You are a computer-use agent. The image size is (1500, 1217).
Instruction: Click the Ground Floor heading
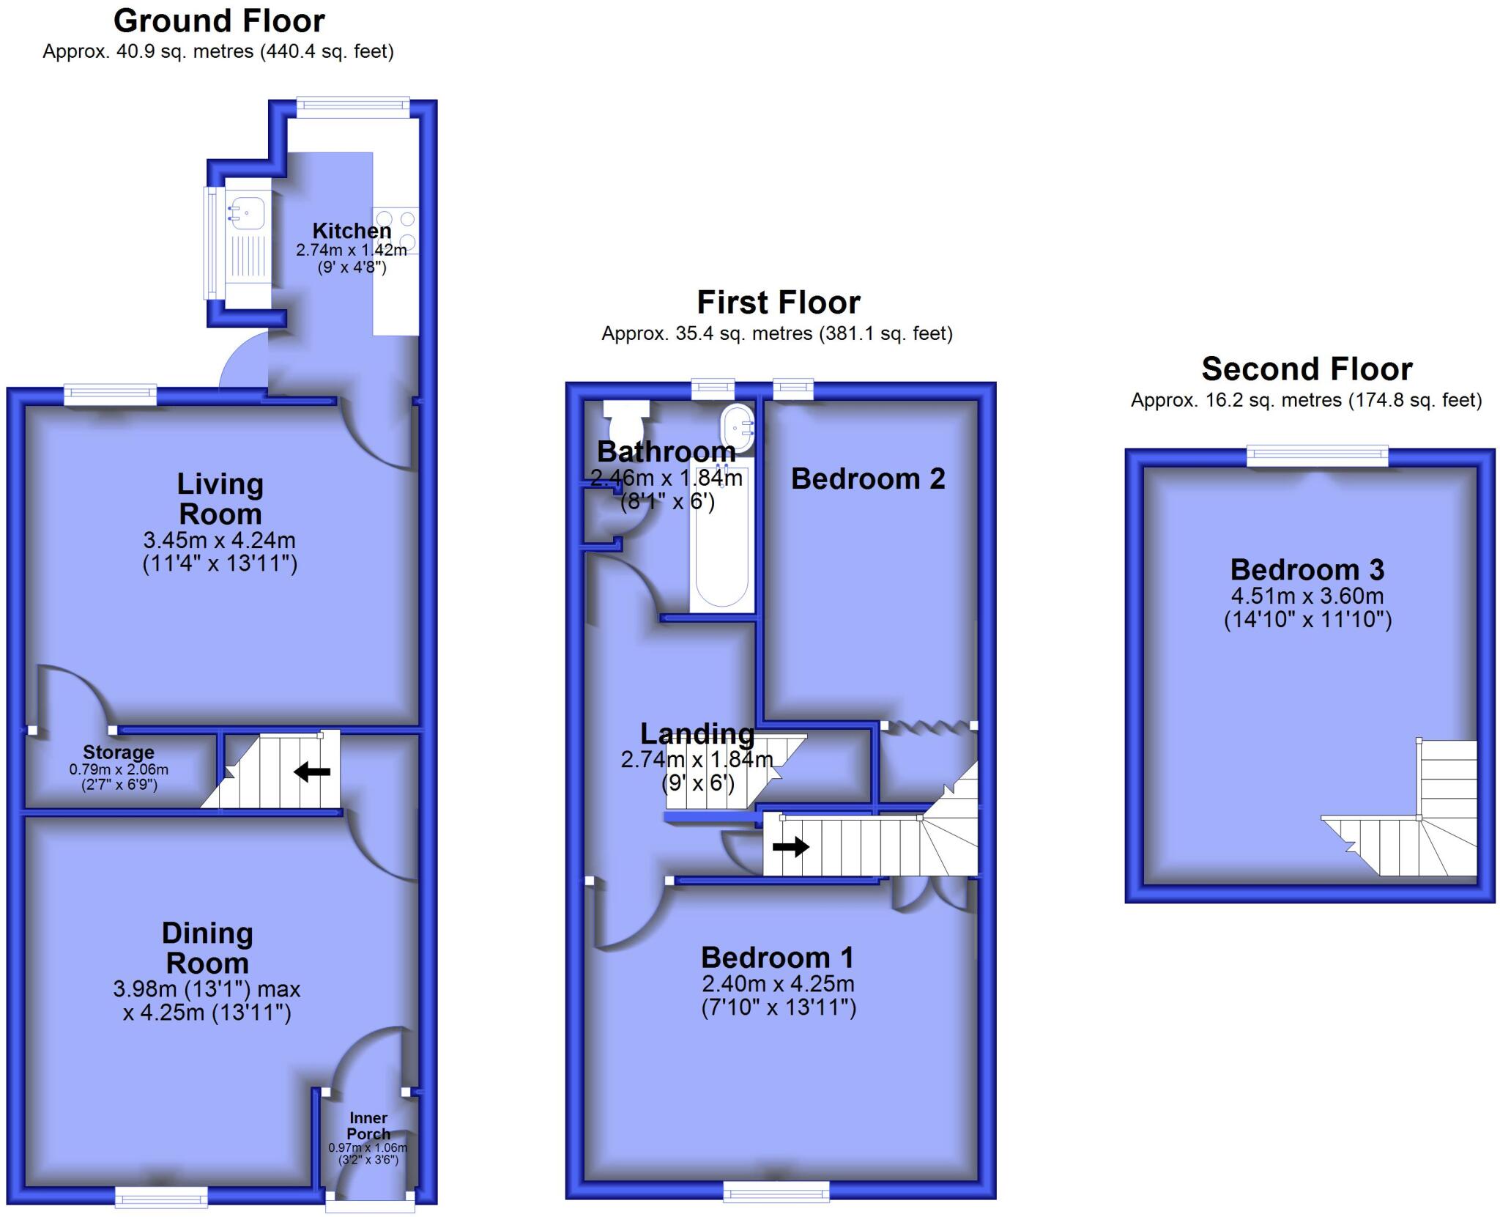[x=219, y=21]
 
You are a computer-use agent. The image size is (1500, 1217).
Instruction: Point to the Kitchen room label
[x=352, y=231]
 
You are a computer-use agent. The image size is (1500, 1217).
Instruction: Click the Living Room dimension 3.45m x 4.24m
[x=220, y=541]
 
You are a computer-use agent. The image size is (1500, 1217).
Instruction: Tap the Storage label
[x=119, y=752]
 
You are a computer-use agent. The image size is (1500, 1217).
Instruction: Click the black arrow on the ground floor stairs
[x=312, y=772]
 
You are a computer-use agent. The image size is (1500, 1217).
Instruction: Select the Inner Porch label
[x=368, y=1125]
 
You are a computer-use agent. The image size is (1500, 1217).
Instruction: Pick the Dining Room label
[x=207, y=947]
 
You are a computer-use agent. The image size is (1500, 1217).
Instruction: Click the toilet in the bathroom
[x=625, y=419]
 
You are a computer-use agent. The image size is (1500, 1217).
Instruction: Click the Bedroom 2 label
[x=868, y=479]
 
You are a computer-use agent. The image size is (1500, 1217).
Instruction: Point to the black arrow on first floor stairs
[x=791, y=847]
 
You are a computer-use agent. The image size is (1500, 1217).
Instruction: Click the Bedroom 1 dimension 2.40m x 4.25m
[x=778, y=983]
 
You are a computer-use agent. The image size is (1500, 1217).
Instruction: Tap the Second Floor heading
[x=1307, y=369]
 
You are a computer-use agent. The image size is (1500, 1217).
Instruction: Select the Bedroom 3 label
[x=1307, y=569]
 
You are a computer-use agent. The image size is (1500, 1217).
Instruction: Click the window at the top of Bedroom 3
[x=1318, y=456]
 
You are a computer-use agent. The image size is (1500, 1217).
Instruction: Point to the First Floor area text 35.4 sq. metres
[x=776, y=334]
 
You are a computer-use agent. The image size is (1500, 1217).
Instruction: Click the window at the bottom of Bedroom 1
[x=776, y=1191]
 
